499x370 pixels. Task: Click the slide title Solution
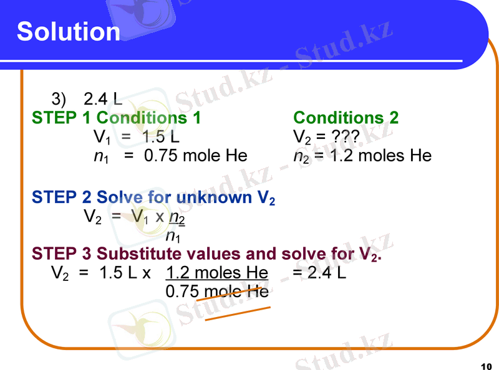click(x=69, y=31)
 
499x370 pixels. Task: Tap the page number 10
click(x=487, y=364)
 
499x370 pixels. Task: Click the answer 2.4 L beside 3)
click(x=102, y=99)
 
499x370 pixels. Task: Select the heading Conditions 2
click(x=346, y=117)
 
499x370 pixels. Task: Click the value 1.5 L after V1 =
click(x=161, y=136)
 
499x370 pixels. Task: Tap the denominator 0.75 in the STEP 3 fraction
click(x=182, y=291)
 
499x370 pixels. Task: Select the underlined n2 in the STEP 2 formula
click(x=177, y=218)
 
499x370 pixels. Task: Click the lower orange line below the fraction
click(x=238, y=313)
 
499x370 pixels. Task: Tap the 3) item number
click(x=59, y=99)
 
